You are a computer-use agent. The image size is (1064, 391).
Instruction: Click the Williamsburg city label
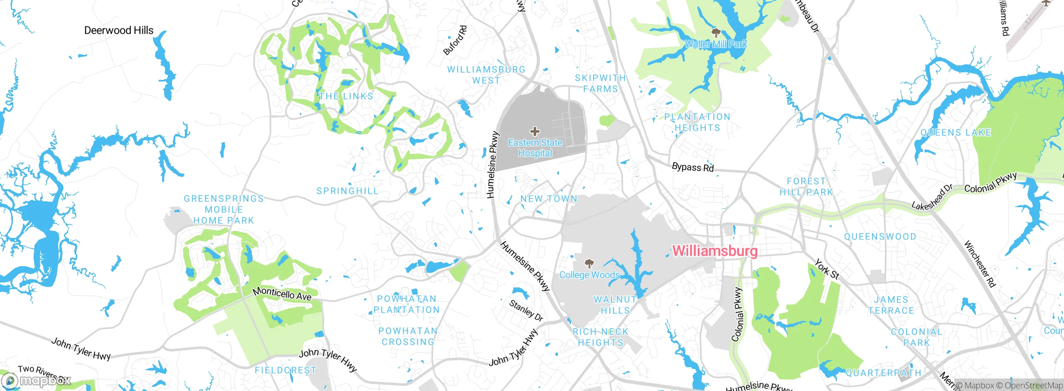[715, 251]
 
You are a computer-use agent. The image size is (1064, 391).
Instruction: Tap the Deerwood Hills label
[119, 30]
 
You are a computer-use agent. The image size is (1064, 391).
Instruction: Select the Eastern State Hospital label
[535, 148]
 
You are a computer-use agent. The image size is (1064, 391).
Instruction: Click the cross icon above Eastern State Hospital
[535, 132]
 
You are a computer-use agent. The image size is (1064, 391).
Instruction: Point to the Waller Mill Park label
[716, 44]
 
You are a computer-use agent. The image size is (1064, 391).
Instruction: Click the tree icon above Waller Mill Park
[716, 32]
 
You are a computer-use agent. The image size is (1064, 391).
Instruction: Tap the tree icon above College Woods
[589, 263]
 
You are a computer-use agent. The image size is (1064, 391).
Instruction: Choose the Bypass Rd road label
[692, 167]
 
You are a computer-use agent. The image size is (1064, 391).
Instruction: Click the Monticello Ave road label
[282, 294]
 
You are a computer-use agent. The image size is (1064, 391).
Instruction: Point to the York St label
[827, 269]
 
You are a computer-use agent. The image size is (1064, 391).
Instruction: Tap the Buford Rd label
[455, 41]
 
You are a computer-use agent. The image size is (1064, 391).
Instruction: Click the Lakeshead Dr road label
[932, 197]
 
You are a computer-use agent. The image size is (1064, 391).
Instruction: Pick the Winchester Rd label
[980, 264]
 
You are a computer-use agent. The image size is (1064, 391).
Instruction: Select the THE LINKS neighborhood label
[346, 96]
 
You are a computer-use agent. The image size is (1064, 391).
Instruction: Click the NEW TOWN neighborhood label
[549, 199]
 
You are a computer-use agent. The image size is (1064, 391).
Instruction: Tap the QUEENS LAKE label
[956, 133]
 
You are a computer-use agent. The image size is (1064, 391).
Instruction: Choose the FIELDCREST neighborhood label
[286, 370]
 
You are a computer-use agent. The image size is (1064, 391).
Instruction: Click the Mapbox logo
[36, 381]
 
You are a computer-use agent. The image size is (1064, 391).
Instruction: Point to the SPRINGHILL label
[347, 191]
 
